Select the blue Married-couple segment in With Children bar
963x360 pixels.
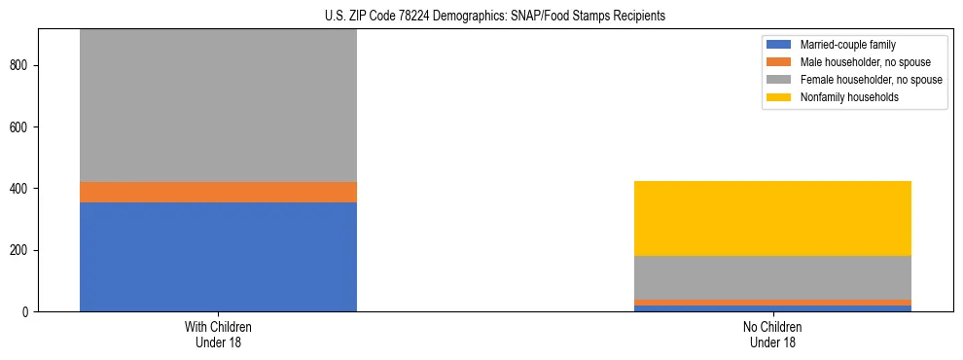click(x=218, y=257)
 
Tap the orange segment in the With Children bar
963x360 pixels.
click(x=218, y=192)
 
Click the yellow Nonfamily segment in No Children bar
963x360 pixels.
click(x=772, y=218)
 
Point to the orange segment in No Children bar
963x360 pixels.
click(x=772, y=303)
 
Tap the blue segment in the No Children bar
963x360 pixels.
click(x=772, y=308)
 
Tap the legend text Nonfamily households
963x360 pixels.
click(x=843, y=97)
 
